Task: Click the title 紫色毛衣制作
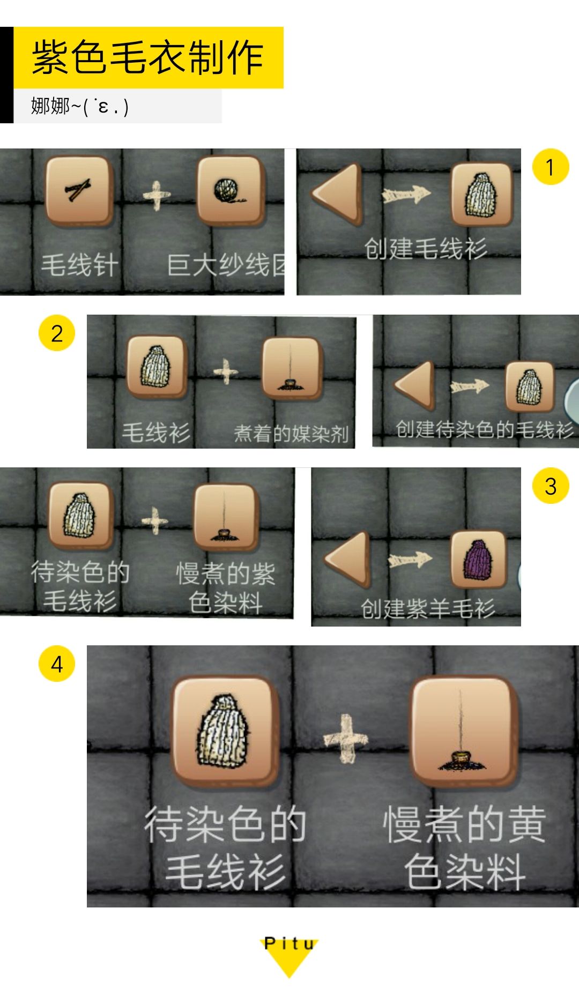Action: click(x=148, y=57)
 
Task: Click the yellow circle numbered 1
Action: click(x=550, y=167)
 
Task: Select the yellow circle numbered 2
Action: click(x=57, y=333)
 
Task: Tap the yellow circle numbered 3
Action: click(x=550, y=486)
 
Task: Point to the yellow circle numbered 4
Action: click(x=57, y=664)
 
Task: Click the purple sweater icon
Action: click(x=478, y=560)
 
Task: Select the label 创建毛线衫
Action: click(x=425, y=249)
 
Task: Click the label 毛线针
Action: click(x=79, y=265)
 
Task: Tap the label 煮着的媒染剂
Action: click(x=291, y=433)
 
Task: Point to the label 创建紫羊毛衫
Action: click(x=427, y=608)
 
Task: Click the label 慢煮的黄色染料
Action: click(x=464, y=847)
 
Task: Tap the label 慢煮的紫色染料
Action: click(x=226, y=588)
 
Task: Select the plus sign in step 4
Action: click(x=346, y=739)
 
